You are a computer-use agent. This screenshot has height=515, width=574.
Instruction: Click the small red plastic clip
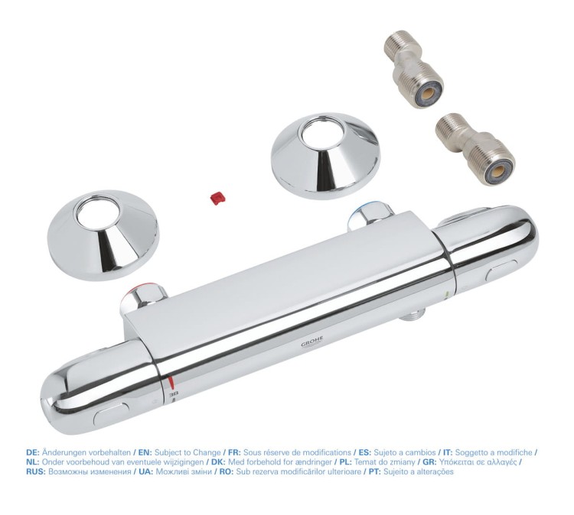coord(218,198)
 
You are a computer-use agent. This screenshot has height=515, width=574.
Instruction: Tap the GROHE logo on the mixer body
coord(312,342)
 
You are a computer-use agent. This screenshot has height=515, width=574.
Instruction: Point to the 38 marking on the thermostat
coord(174,395)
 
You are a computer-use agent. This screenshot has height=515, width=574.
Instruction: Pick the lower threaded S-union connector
coord(475,149)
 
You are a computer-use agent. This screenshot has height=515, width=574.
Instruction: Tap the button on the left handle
coord(111,413)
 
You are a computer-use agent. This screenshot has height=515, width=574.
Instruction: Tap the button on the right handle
coord(501,272)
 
